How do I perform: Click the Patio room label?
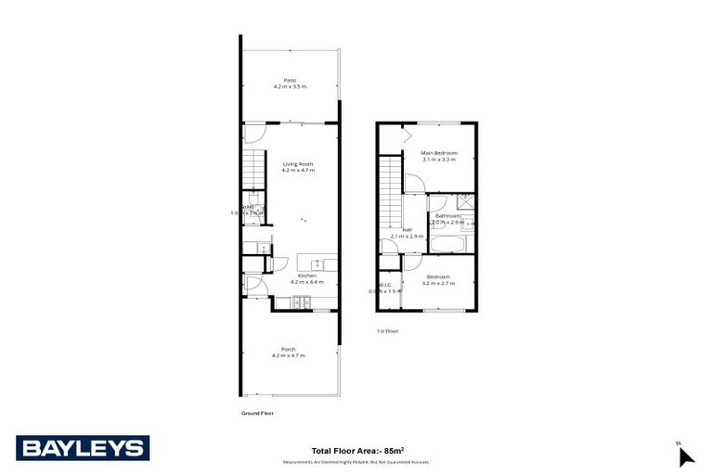(x=290, y=83)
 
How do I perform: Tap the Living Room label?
(x=299, y=167)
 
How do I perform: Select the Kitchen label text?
(x=307, y=277)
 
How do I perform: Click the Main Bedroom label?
(x=438, y=156)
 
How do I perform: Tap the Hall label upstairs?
(x=408, y=233)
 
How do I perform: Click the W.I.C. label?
(x=385, y=288)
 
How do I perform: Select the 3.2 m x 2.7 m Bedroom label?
(x=438, y=279)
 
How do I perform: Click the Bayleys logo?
(x=83, y=448)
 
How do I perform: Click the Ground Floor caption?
(x=257, y=413)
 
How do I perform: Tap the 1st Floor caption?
(x=387, y=330)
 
